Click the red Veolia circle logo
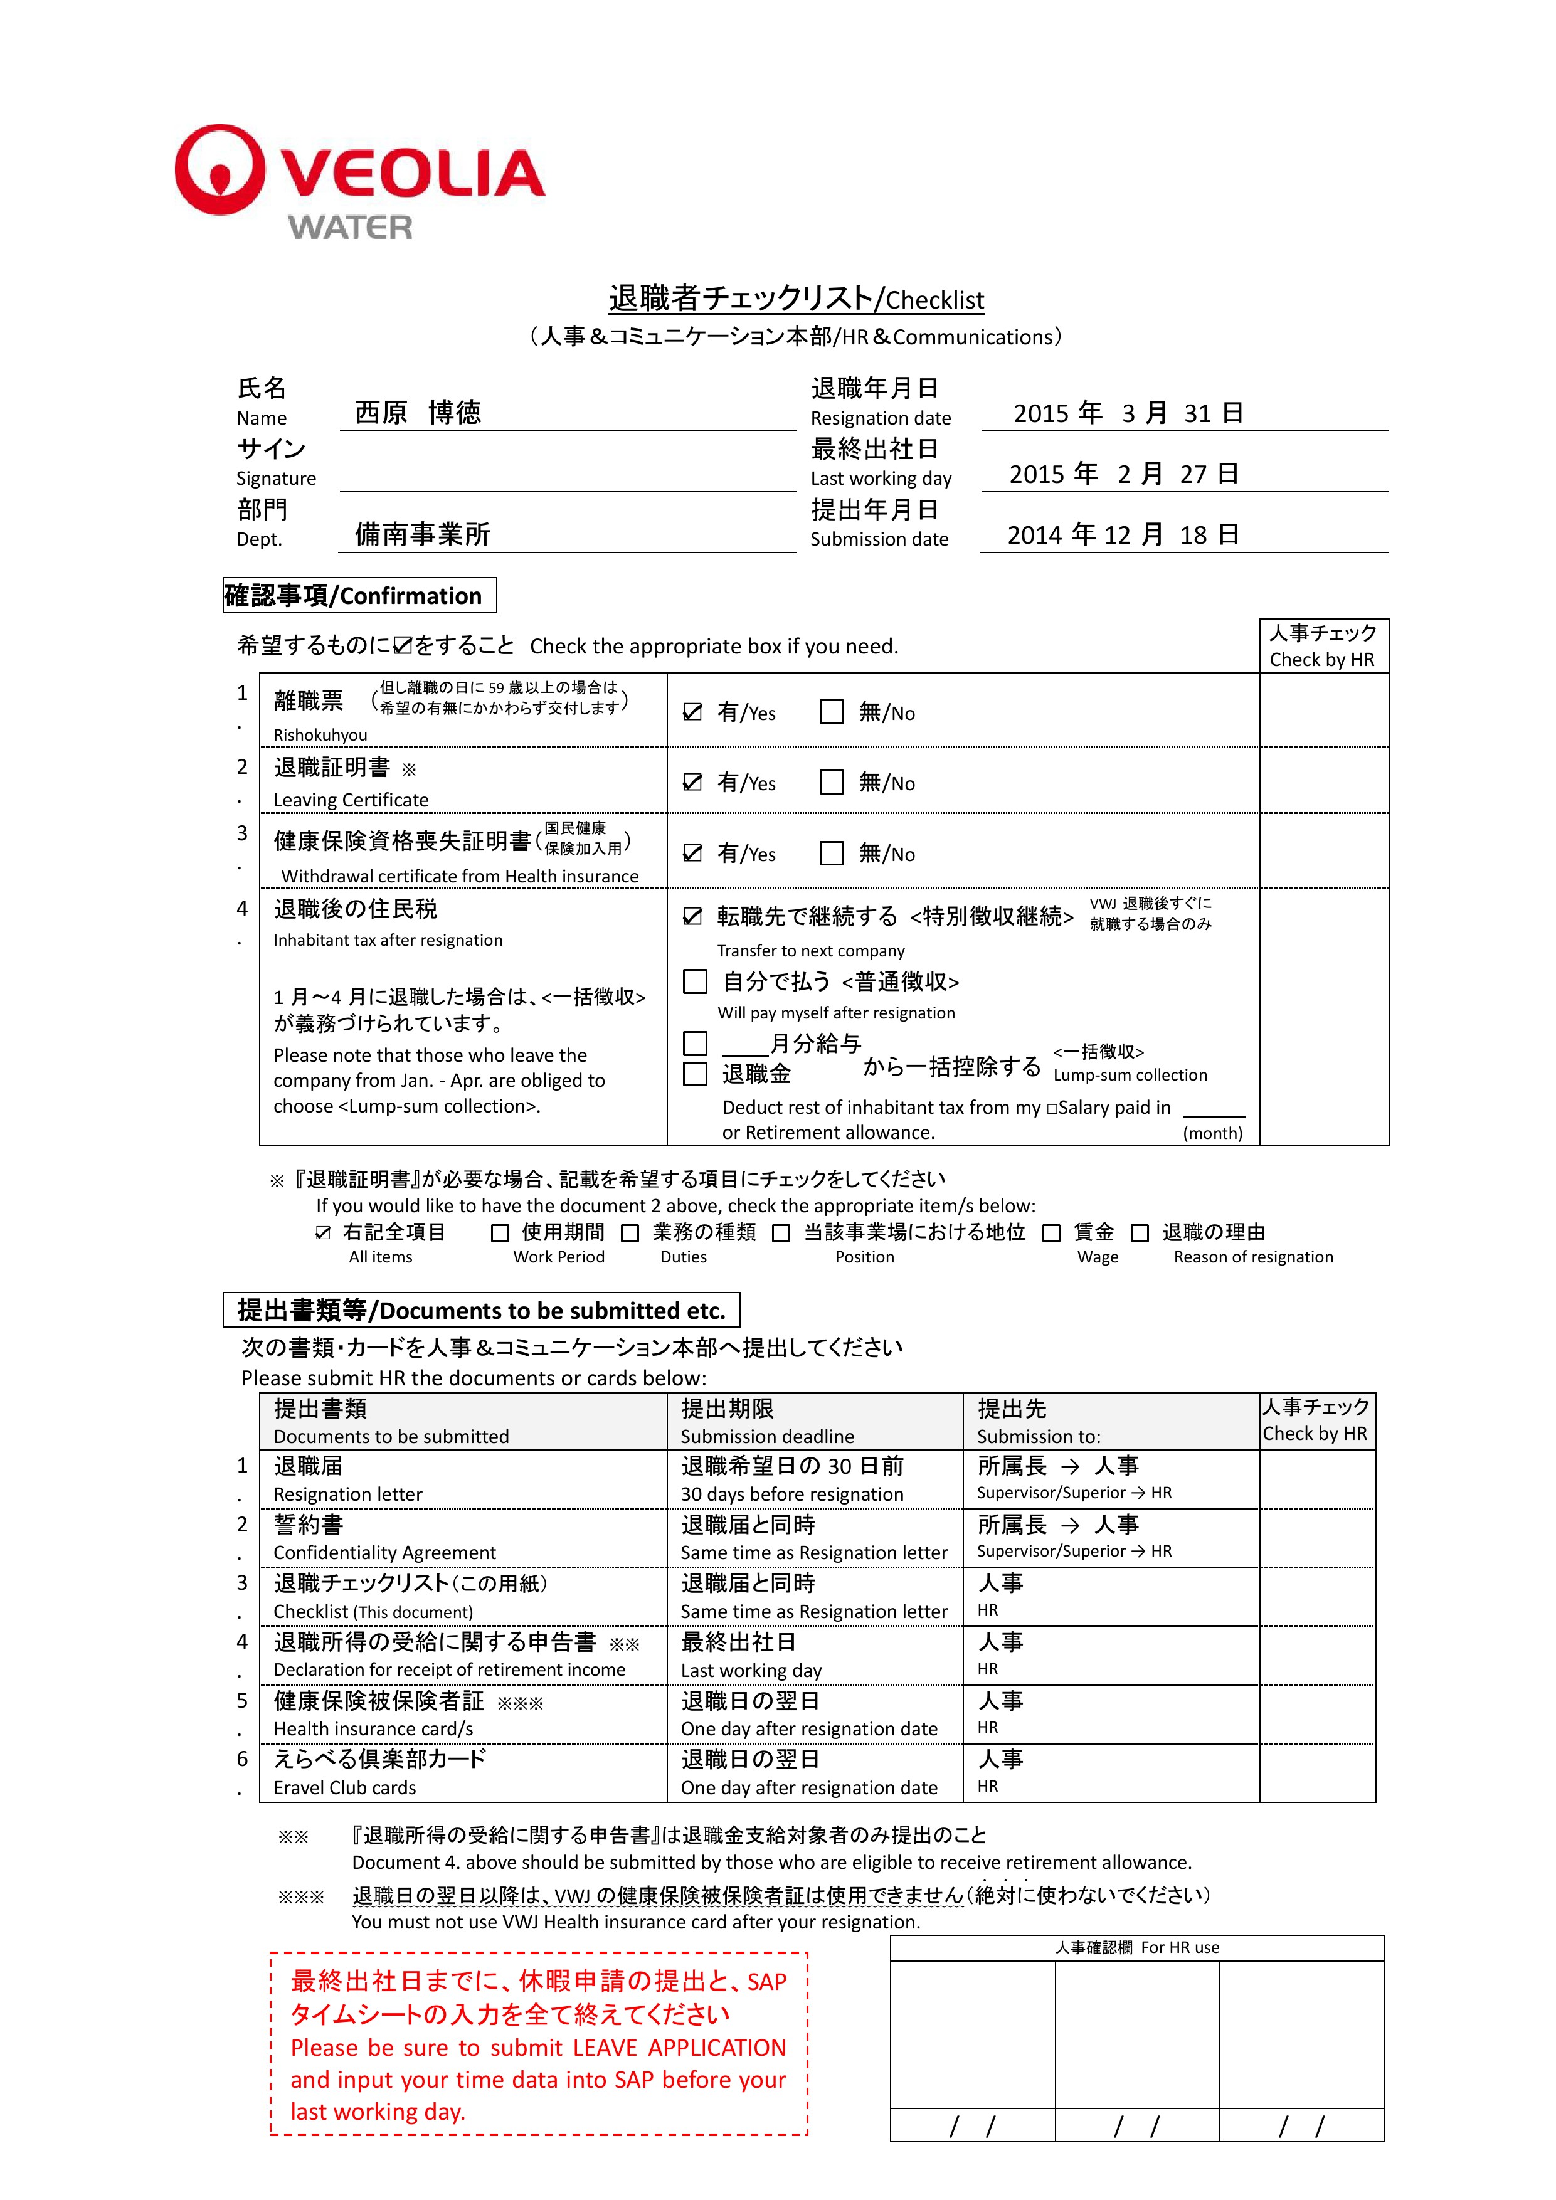220,169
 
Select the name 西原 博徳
418,413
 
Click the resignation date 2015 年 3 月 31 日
1128,413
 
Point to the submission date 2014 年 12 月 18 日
1123,535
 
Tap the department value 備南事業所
423,535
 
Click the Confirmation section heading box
359,595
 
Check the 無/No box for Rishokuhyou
832,712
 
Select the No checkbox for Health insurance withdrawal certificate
832,853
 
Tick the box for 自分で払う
695,981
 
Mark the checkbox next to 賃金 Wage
1051,1233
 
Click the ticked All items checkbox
324,1233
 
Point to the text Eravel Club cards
345,1788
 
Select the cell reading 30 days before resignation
792,1494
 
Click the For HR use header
1137,1947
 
